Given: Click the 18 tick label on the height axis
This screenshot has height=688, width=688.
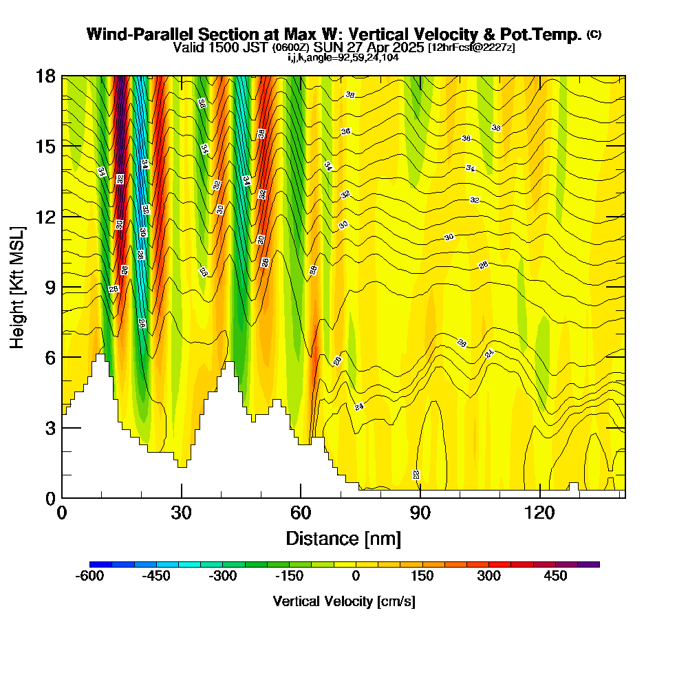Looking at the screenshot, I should pyautogui.click(x=45, y=76).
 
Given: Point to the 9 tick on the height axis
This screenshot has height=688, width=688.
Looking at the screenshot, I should pyautogui.click(x=62, y=287).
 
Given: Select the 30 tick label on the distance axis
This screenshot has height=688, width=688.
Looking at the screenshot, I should pyautogui.click(x=181, y=513).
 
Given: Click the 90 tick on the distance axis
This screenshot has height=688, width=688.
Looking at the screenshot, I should pyautogui.click(x=420, y=497).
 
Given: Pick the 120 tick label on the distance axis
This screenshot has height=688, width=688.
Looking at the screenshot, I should pyautogui.click(x=539, y=513).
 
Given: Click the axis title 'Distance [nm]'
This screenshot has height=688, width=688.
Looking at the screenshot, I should pyautogui.click(x=343, y=537).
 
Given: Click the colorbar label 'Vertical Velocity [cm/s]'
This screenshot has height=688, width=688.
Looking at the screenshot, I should pyautogui.click(x=344, y=601).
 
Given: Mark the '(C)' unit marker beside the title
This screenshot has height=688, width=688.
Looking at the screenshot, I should pyautogui.click(x=594, y=34).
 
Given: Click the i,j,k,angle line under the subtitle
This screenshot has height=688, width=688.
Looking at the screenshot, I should pyautogui.click(x=343, y=57).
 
